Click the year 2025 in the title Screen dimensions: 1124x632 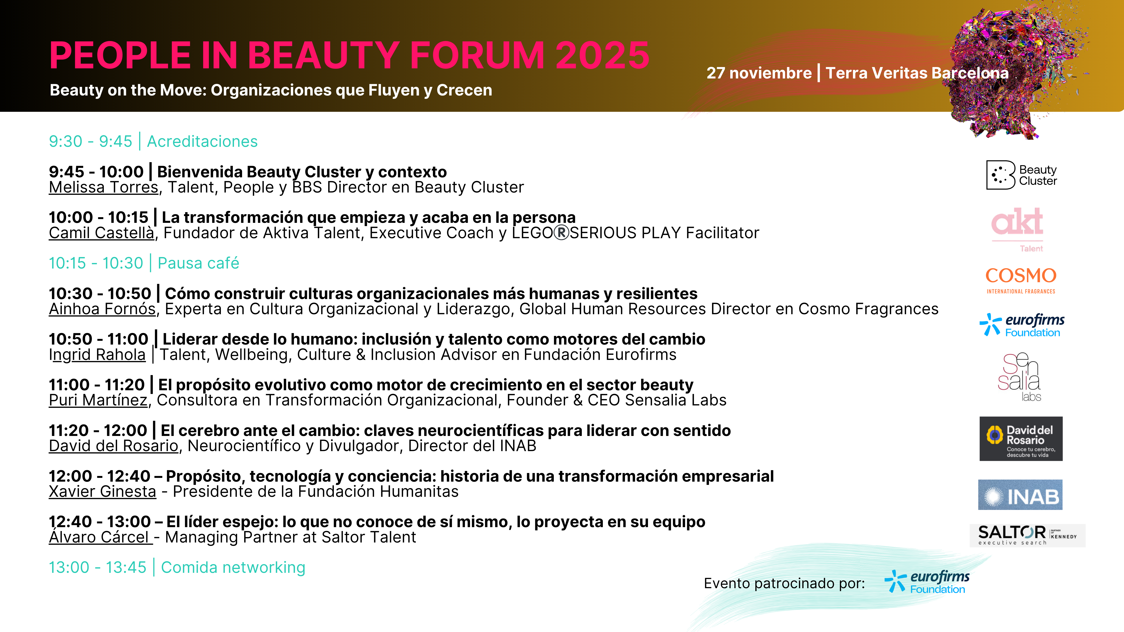pyautogui.click(x=603, y=55)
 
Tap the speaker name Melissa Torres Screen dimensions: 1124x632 pyautogui.click(x=103, y=187)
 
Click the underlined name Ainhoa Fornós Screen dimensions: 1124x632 pyautogui.click(x=102, y=309)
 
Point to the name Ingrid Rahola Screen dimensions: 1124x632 pyautogui.click(x=97, y=355)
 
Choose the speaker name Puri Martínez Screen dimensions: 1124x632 pyautogui.click(x=98, y=400)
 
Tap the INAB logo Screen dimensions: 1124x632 pyautogui.click(x=1020, y=495)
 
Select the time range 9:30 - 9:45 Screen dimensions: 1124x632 pyautogui.click(x=90, y=141)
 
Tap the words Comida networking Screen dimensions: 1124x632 pyautogui.click(x=233, y=567)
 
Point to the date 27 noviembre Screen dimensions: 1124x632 pyautogui.click(x=759, y=73)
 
